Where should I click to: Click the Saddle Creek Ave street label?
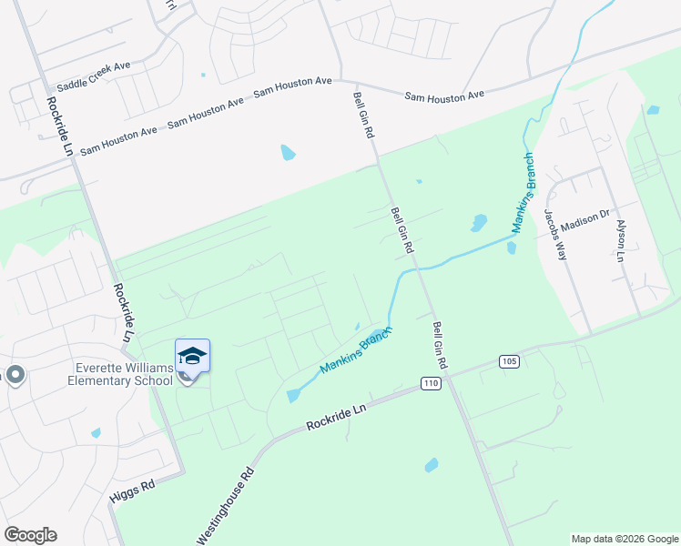tap(94, 76)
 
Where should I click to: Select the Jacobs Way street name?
tap(555, 235)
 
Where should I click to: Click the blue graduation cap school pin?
tap(192, 355)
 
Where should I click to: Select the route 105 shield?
tap(510, 361)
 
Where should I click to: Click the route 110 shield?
tap(432, 384)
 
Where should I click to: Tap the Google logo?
tap(30, 535)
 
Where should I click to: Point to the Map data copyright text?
tap(625, 539)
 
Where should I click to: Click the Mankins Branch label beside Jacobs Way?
tap(523, 193)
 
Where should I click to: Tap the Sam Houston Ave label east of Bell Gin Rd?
tap(444, 96)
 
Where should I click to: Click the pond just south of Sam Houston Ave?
tap(288, 152)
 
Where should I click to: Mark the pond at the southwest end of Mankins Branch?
tap(291, 396)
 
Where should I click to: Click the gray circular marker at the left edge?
tap(15, 375)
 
